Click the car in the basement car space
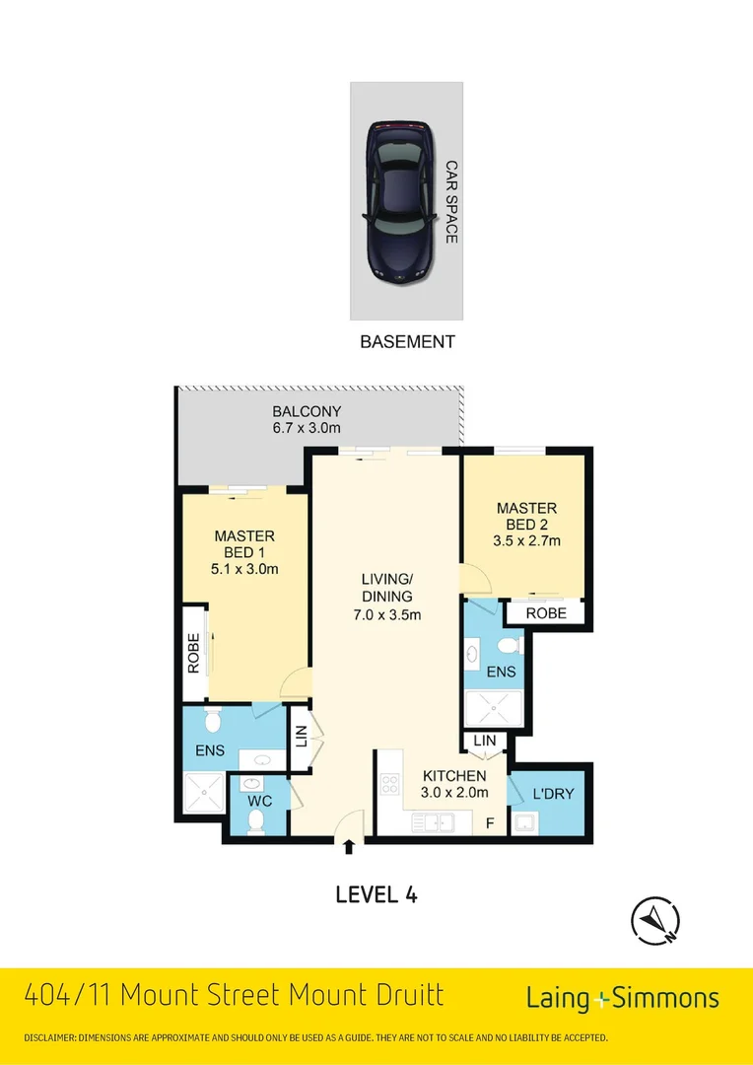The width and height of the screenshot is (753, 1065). coord(399,202)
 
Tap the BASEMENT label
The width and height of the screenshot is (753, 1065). coord(407,342)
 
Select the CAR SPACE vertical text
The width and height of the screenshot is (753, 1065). coord(450,202)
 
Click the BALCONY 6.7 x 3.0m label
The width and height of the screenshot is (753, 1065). coord(307,419)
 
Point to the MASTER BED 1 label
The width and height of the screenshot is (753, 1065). coord(244,552)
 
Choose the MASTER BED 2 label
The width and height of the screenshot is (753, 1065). coord(526,525)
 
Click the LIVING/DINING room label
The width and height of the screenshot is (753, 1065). coord(386,597)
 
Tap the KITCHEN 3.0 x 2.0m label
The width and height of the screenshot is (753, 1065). coord(454,784)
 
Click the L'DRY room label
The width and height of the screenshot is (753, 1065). coord(552,794)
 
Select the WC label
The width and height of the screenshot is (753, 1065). coord(259,801)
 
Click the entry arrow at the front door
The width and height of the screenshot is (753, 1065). coord(348,845)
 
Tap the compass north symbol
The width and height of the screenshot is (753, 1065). coord(655,921)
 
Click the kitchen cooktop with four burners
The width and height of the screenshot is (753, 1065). coord(389,785)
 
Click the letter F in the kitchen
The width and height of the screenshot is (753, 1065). coord(490,822)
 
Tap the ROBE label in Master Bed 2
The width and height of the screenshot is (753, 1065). coord(545,612)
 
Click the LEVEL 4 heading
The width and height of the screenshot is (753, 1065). coord(376,894)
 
